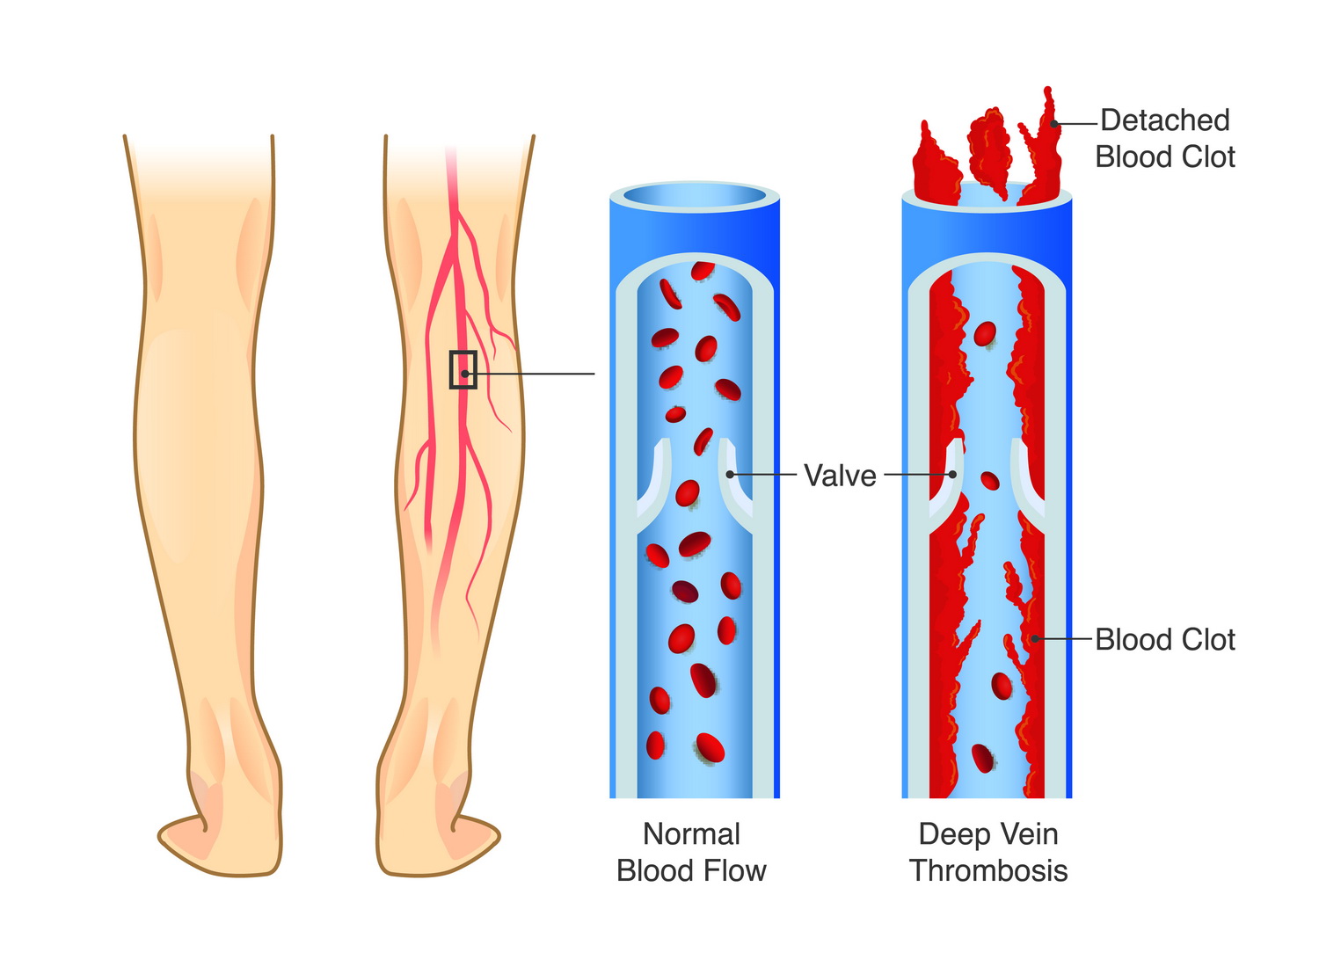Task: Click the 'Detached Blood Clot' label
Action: point(1164,138)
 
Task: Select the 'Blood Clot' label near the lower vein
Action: point(1165,640)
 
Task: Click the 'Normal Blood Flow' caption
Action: point(691,853)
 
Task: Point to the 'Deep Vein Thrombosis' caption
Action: point(988,853)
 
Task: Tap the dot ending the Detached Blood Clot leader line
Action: point(1054,124)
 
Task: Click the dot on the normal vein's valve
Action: point(730,475)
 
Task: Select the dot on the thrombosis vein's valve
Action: point(952,475)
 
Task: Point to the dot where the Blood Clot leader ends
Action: point(1035,638)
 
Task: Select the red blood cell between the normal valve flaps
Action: point(688,493)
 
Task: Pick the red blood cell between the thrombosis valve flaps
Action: point(990,481)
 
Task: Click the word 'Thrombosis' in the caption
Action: point(988,871)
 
